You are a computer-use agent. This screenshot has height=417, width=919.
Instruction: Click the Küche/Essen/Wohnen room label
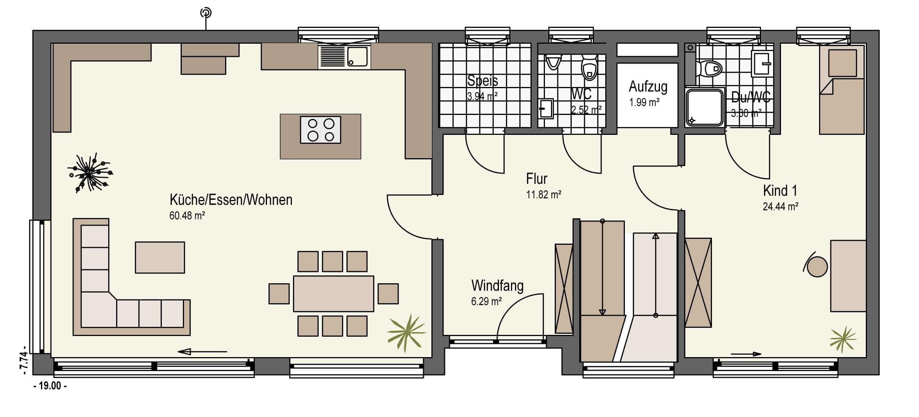point(231,200)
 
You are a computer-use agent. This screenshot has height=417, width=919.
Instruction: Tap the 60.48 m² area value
point(187,216)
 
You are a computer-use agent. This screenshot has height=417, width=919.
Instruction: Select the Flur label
point(537,179)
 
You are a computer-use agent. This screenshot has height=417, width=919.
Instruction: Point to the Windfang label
point(497,286)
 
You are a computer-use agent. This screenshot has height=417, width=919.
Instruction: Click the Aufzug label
point(648,87)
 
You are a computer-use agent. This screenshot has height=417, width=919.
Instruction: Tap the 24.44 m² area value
point(780,207)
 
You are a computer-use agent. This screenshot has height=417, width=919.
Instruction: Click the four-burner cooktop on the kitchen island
point(321,130)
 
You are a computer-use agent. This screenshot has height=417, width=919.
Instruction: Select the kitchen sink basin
point(357,57)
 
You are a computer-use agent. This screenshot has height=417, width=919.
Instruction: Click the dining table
point(334,294)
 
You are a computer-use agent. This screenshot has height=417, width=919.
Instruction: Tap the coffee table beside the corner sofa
point(160,257)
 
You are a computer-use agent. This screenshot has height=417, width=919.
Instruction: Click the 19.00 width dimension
point(50,386)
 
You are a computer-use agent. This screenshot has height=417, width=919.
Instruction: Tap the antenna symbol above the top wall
point(206,13)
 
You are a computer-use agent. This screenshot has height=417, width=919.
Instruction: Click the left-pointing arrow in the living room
point(203,352)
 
